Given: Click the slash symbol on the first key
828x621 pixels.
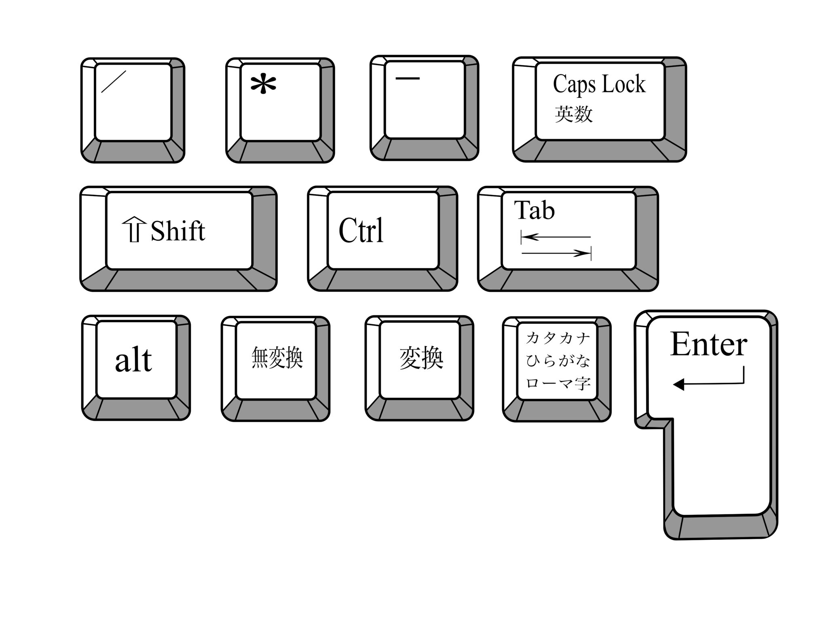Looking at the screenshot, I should pos(114,81).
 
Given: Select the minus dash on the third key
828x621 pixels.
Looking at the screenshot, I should pos(407,78).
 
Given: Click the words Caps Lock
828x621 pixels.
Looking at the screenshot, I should pos(599,84).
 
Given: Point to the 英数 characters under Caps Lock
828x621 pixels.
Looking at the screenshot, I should pos(574,114).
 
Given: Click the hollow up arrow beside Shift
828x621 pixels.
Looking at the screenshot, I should pos(134,230).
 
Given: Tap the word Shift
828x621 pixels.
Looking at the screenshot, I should pos(178,231).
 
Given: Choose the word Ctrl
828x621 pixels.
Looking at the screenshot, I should pos(361,231).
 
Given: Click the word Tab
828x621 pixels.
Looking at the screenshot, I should pos(534,210).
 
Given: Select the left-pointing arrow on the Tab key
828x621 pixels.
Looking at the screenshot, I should pos(556,237).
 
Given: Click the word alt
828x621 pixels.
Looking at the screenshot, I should pos(133,360).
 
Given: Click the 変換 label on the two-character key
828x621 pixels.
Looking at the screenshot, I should pos(421,358).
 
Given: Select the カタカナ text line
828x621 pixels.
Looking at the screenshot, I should pos(558,338).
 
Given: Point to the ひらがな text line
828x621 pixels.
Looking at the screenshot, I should pos(558,360).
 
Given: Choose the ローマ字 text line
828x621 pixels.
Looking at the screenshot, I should pos(558,383).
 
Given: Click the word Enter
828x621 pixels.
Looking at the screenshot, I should pos(708,344).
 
